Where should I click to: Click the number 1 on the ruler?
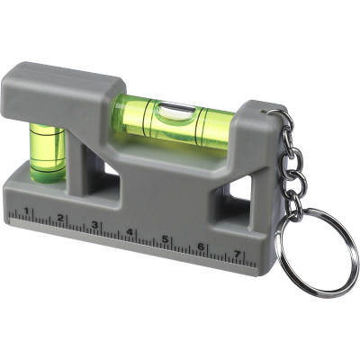27,212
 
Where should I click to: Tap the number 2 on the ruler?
60,219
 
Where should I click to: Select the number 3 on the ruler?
94,225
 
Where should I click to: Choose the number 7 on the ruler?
237,254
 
